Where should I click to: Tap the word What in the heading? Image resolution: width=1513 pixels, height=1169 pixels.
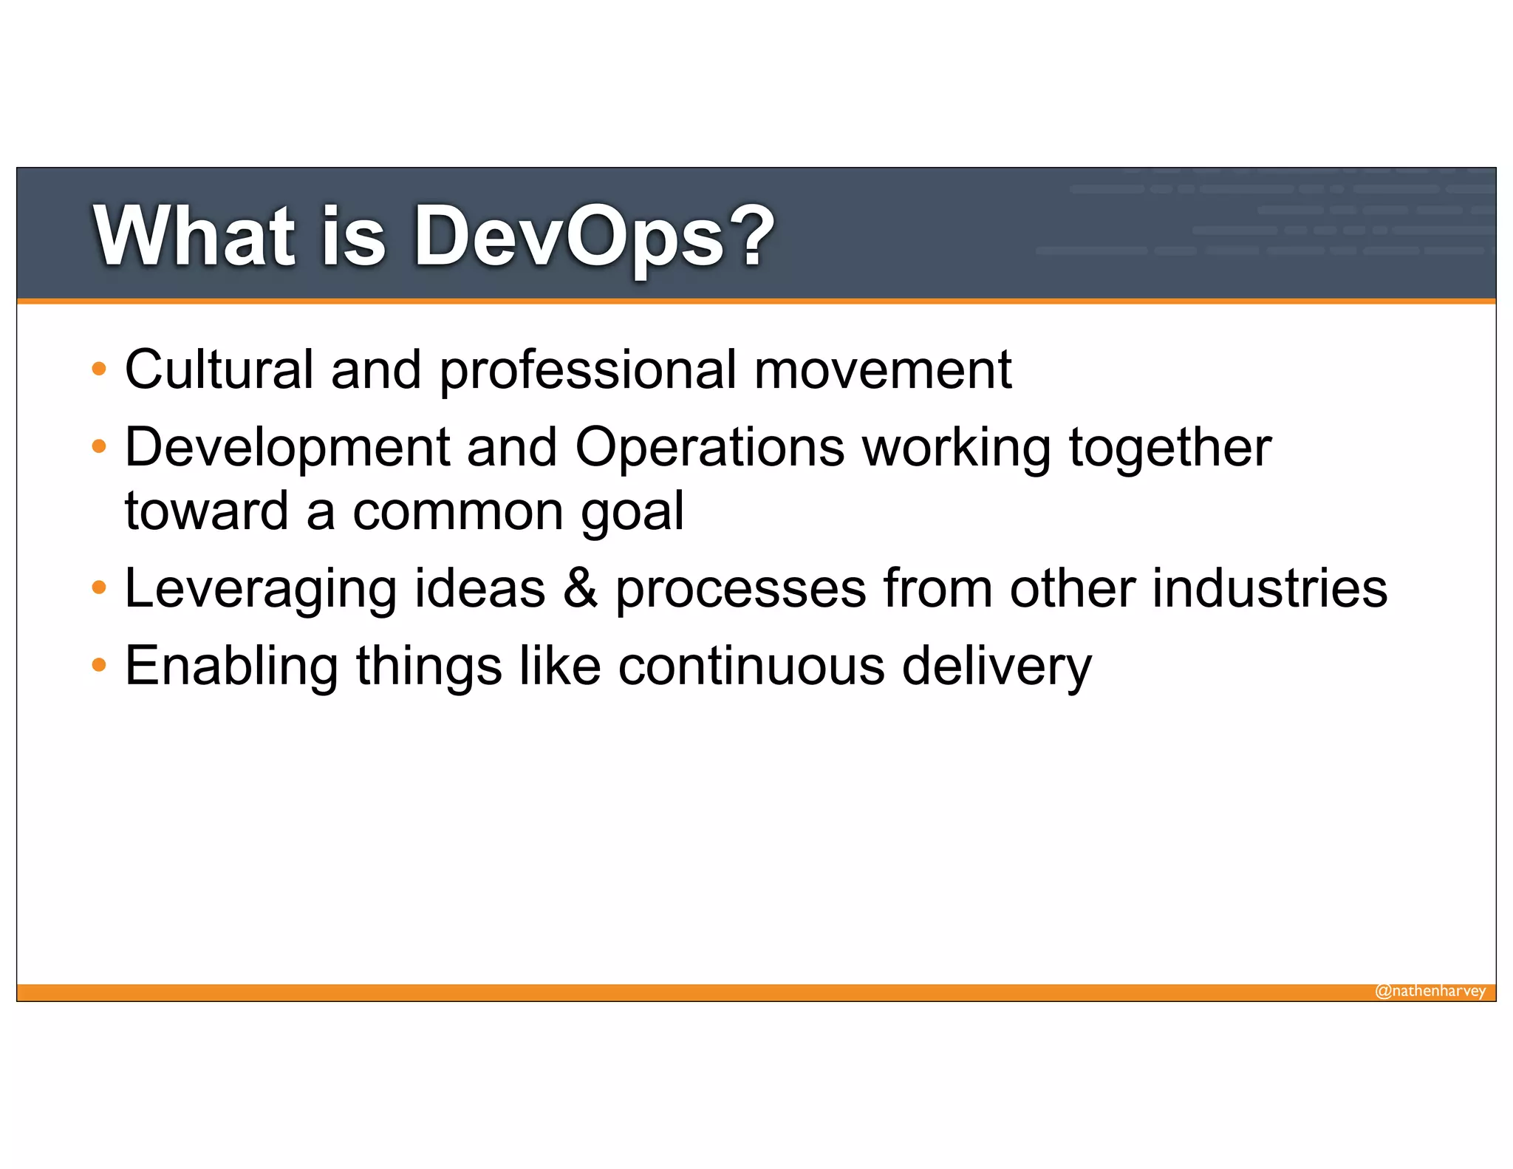(194, 236)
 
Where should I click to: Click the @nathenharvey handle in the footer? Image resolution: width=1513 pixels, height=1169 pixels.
(1430, 991)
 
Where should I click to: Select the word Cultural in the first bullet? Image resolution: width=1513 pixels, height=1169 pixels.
(219, 369)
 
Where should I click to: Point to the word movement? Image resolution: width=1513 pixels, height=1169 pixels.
(882, 370)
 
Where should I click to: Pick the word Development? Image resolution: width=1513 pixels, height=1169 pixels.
(287, 449)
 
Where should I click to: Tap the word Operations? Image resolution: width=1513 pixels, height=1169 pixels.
(709, 449)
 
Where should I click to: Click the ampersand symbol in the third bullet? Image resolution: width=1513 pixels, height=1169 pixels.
(581, 588)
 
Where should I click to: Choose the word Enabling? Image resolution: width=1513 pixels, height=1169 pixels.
(231, 667)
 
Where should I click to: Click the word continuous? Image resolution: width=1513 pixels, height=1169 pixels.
(751, 667)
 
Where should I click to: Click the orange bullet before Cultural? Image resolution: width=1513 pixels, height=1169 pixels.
(99, 369)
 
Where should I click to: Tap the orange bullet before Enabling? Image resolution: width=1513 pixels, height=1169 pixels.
(99, 666)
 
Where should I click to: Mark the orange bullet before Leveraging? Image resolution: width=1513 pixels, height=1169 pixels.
(99, 588)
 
